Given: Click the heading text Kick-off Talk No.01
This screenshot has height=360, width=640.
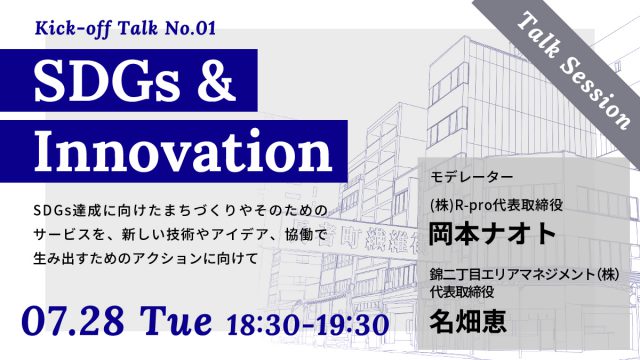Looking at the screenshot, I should click(x=124, y=25).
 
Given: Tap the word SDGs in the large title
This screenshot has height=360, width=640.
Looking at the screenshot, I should click(x=97, y=77).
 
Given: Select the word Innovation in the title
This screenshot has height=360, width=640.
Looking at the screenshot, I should click(x=180, y=153).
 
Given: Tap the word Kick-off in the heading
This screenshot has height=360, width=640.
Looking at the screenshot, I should click(x=73, y=25).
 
